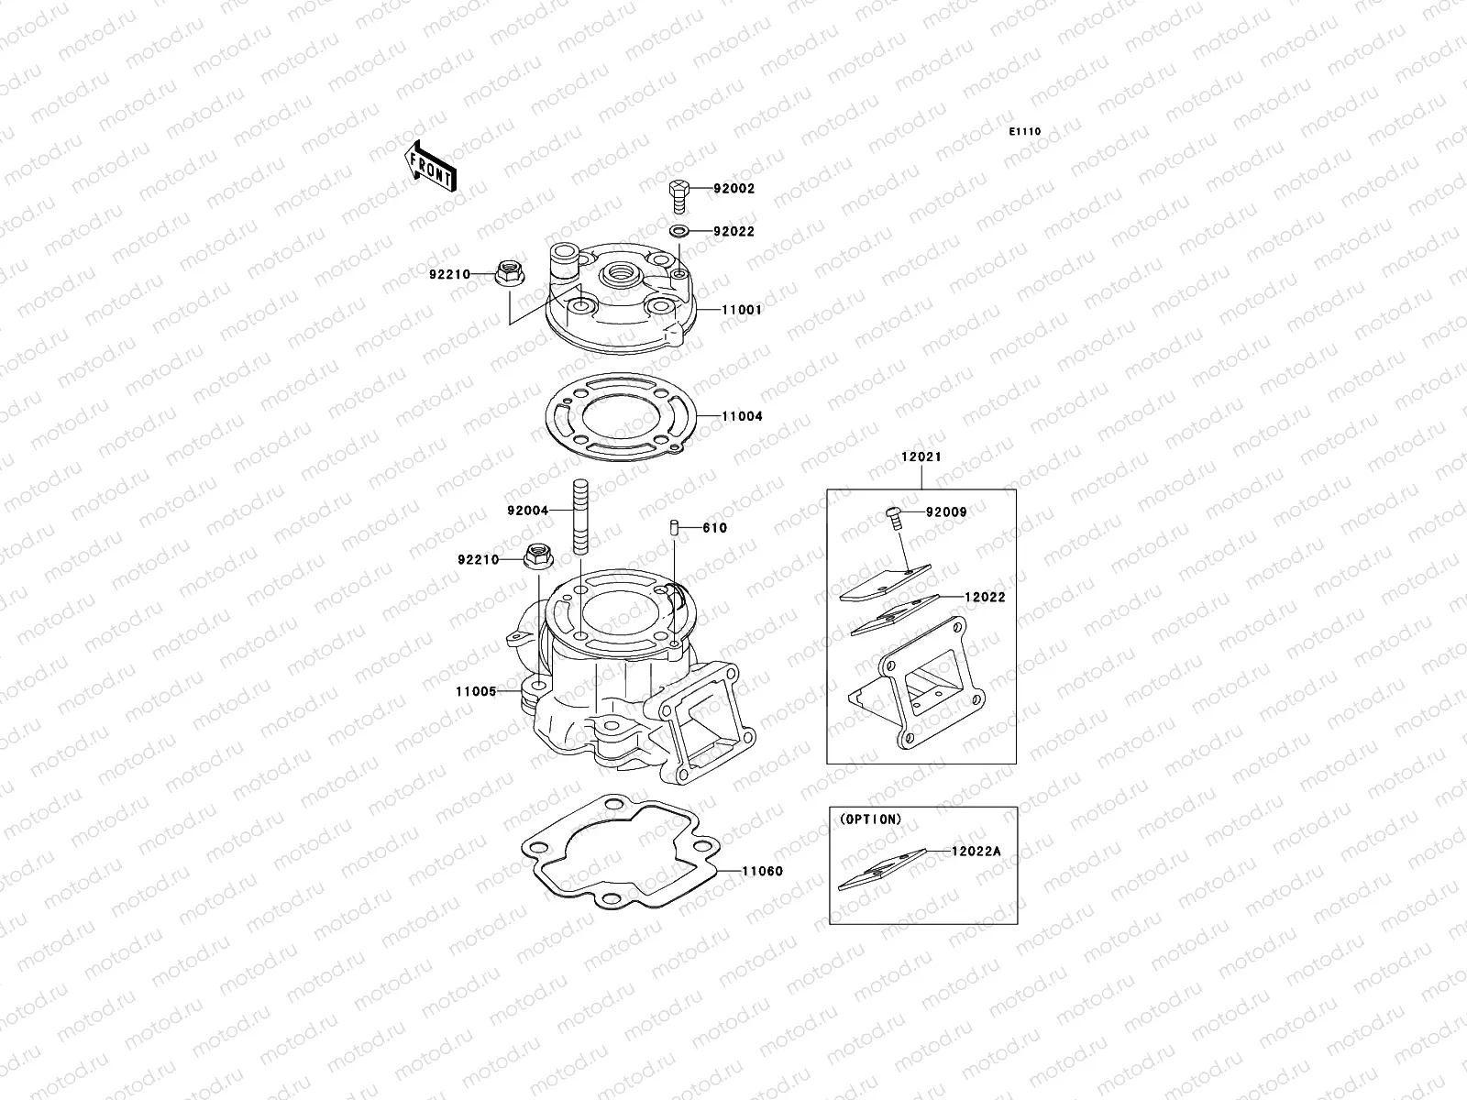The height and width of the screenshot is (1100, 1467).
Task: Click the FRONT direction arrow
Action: coord(430,166)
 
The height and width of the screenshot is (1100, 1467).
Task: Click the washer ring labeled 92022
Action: coord(679,231)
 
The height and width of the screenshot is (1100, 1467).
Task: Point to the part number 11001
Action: coord(741,310)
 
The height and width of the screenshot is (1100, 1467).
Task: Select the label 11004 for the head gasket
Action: coord(741,416)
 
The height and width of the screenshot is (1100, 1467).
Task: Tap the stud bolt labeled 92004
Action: coord(580,516)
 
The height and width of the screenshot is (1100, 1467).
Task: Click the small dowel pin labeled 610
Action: coord(673,527)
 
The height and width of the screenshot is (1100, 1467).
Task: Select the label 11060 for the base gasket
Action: coord(762,871)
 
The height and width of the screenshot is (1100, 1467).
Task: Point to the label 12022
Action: coord(984,597)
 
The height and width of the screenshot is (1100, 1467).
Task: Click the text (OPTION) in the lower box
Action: coord(869,819)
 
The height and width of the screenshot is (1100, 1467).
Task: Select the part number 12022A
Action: coord(976,852)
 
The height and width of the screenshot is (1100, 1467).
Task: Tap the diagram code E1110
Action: coord(1025,132)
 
